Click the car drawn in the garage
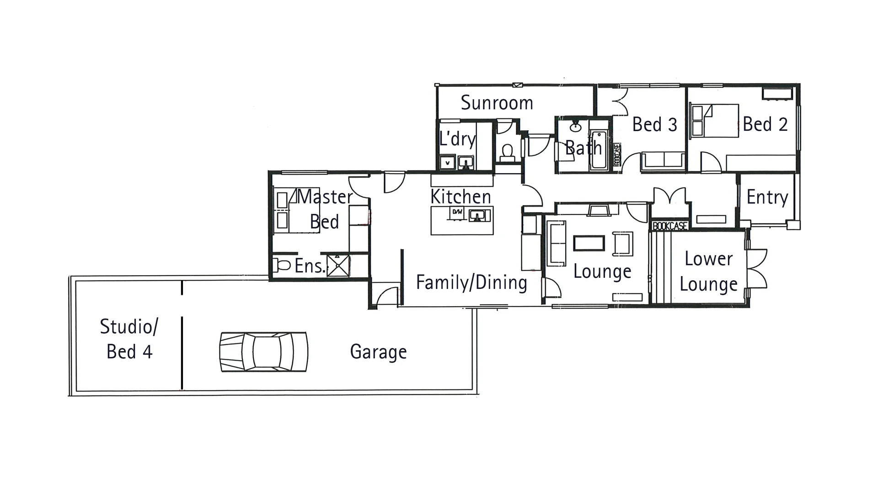coord(264,352)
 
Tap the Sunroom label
coord(497,103)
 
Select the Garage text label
coord(378,352)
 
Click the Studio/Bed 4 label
coord(129,339)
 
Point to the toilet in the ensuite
coord(282,265)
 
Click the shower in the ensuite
coord(338,266)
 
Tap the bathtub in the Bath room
coord(598,150)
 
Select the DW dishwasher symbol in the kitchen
coord(457,212)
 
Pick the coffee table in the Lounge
coord(589,243)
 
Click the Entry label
coord(767,197)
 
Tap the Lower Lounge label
coord(708,272)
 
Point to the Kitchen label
coord(460,197)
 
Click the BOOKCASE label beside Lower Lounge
coord(670,226)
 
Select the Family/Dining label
coord(471,282)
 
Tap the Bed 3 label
coord(654,124)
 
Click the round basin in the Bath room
coord(575,127)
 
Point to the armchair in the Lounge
coord(623,243)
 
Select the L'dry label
coord(457,138)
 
